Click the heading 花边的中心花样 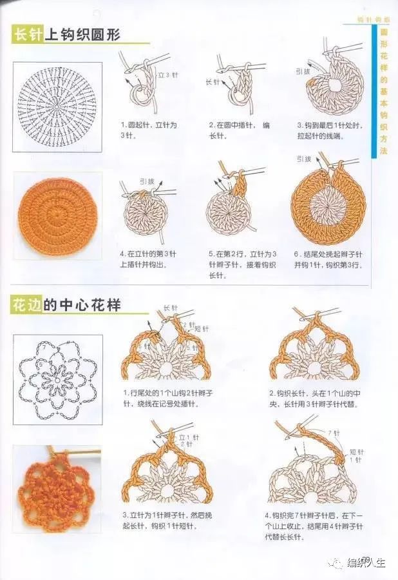[66, 305]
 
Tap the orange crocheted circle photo [57, 216]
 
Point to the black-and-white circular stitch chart [57, 106]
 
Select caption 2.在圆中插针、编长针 [238, 129]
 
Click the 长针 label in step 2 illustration [213, 82]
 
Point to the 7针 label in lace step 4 [334, 432]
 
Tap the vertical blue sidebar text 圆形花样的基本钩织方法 [384, 90]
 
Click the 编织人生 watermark [361, 563]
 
